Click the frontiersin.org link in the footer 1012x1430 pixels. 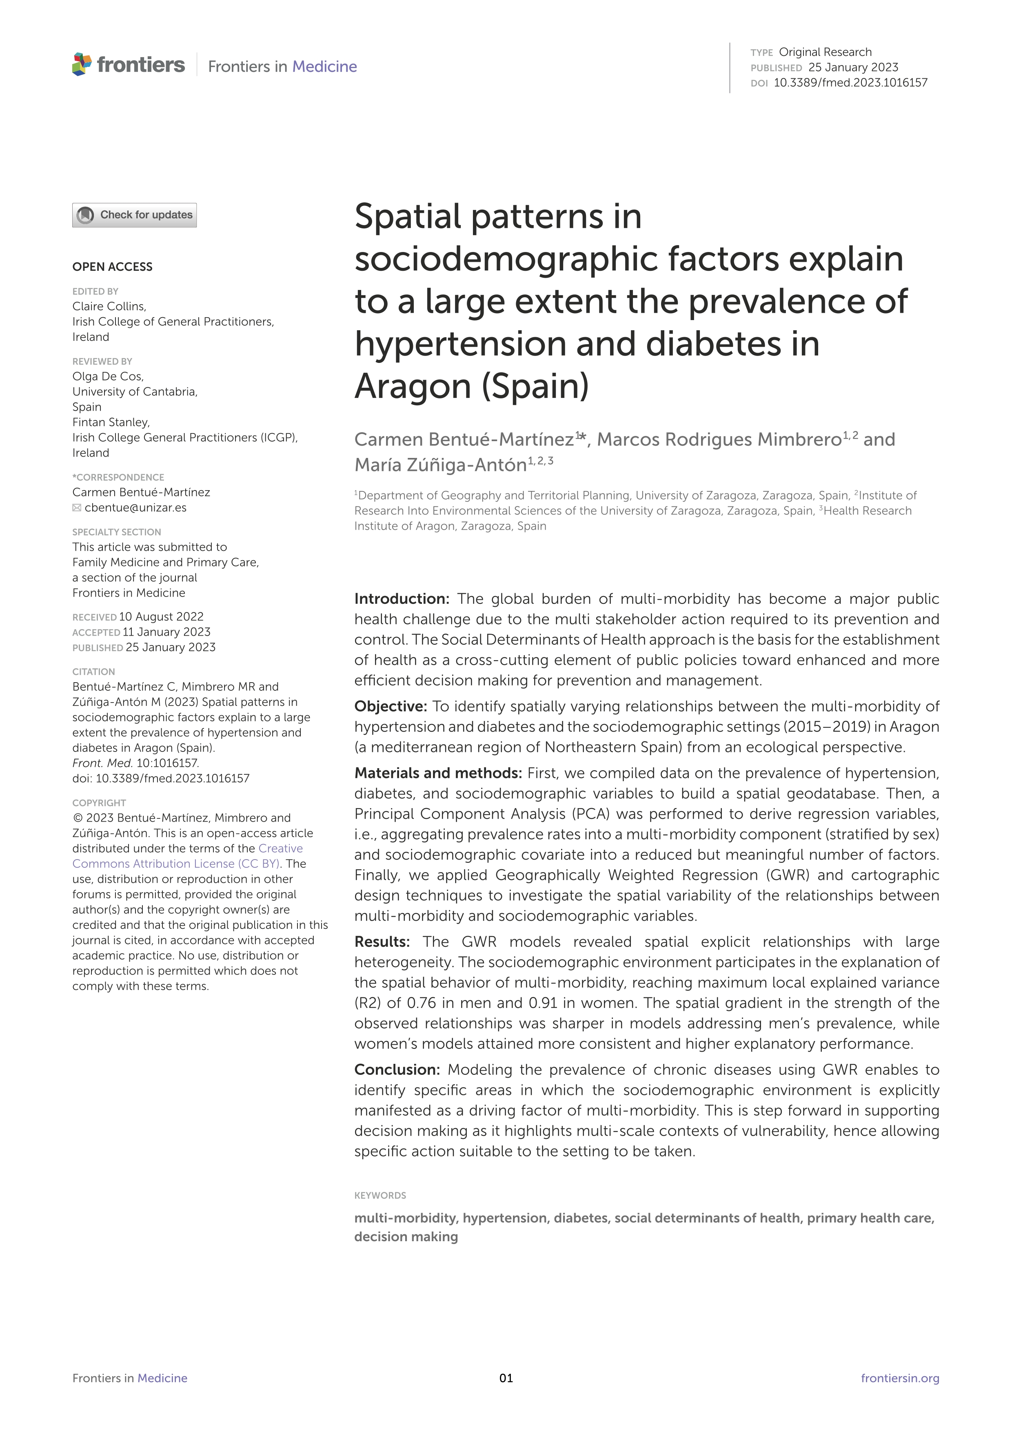point(899,1378)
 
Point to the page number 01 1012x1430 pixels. point(506,1378)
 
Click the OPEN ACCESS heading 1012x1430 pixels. point(112,267)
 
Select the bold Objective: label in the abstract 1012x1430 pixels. point(390,706)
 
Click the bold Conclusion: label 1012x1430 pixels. point(397,1070)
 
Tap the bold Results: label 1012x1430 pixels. point(382,942)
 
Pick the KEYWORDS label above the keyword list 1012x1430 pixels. point(380,1195)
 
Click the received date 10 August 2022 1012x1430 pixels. point(162,617)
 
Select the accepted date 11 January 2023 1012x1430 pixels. point(166,632)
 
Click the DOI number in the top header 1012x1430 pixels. point(850,83)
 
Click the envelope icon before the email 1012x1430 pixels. point(77,508)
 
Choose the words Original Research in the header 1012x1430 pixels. point(825,52)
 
